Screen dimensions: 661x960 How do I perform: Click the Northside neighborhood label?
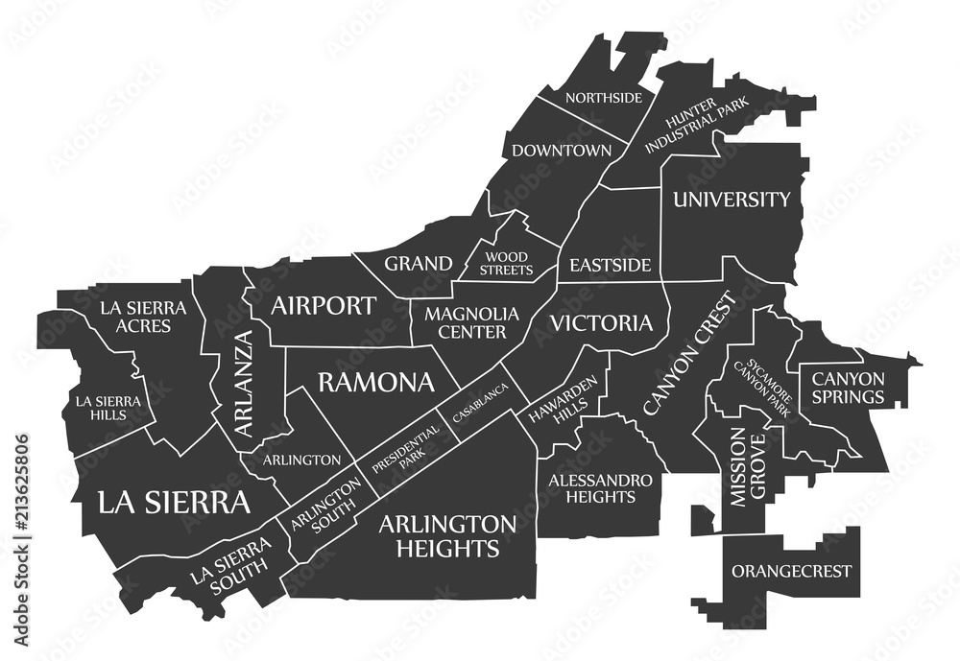point(604,98)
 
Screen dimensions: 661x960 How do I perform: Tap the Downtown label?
point(562,151)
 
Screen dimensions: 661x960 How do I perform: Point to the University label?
point(732,200)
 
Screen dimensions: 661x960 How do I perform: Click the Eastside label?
point(610,265)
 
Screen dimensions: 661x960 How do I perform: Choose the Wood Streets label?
point(509,264)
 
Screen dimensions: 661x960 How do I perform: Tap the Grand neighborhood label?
point(419,263)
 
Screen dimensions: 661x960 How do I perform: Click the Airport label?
point(323,306)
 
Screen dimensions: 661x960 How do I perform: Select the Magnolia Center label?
point(471,323)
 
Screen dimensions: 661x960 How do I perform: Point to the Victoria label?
point(601,322)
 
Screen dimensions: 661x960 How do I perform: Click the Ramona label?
point(375,383)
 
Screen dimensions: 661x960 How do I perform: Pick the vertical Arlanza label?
point(245,384)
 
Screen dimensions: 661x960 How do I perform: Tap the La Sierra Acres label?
point(135,317)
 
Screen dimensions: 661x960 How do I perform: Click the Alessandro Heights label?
point(601,487)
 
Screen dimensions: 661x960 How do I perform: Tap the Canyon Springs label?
point(849,387)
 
